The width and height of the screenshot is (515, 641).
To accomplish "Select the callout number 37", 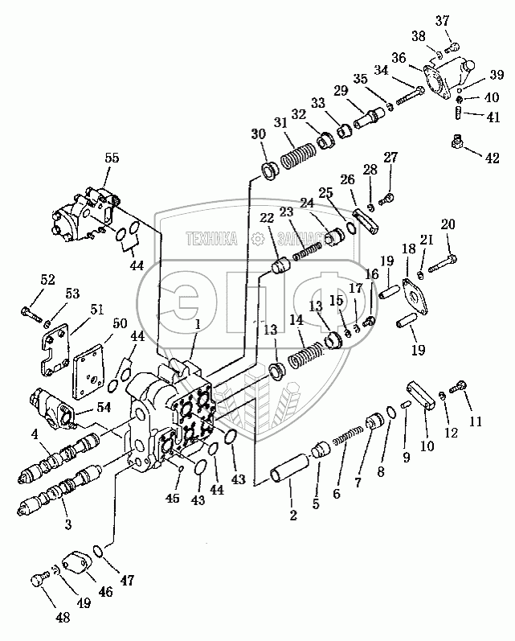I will [443, 20].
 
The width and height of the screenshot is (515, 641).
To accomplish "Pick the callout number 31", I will [280, 122].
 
